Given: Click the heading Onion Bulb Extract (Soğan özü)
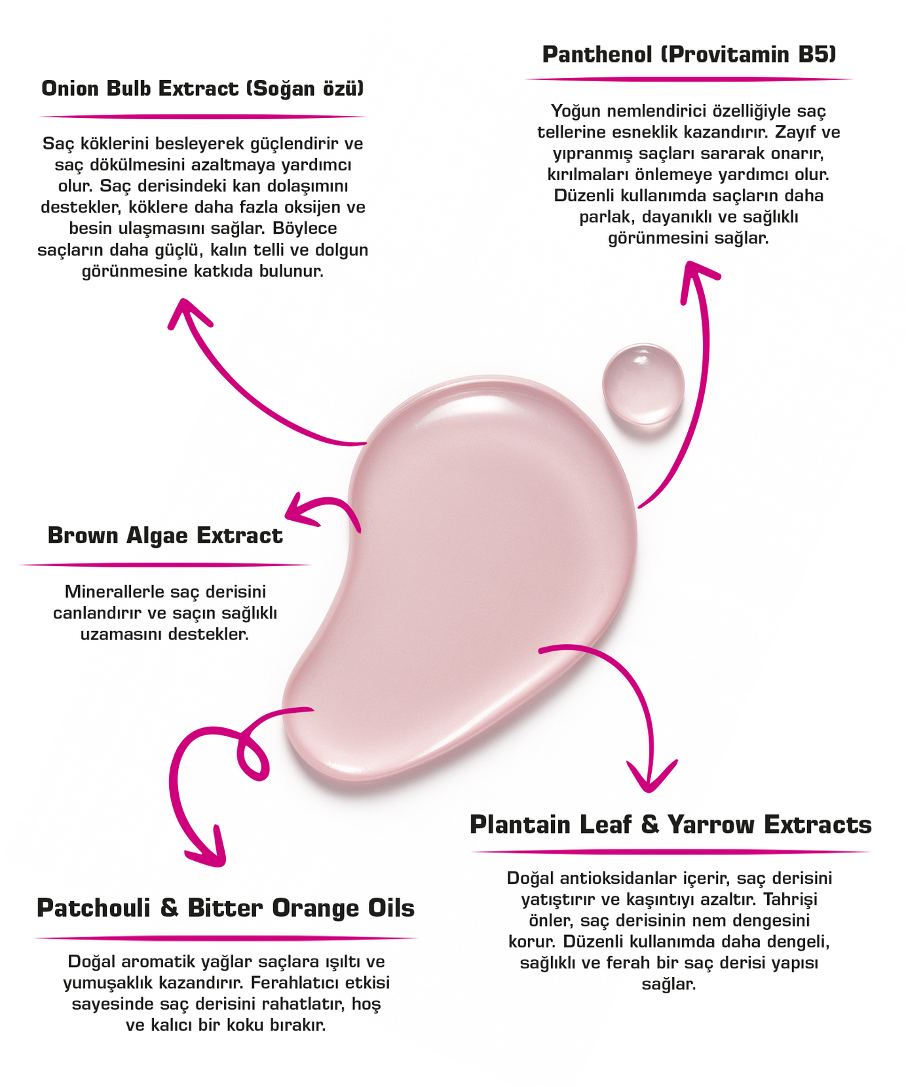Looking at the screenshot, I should coord(202,88).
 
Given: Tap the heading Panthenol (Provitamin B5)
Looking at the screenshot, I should coord(689,54).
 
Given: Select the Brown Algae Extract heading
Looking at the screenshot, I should coord(165,536).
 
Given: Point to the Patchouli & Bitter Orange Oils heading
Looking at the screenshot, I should coord(225,908).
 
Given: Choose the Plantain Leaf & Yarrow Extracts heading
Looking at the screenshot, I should coord(670,825).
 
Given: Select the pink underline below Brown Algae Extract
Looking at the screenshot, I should coord(165,564).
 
